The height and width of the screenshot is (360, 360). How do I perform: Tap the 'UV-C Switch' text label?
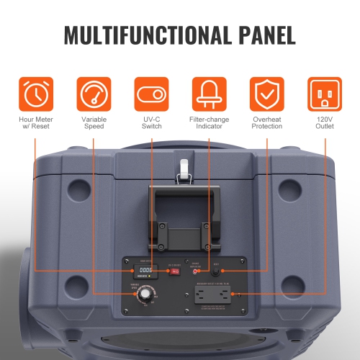pos(151,122)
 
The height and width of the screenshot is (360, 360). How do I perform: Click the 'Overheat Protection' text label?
pos(266,122)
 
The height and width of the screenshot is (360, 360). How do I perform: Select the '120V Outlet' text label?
pos(325,122)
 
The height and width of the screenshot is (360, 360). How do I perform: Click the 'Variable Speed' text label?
pos(94,122)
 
